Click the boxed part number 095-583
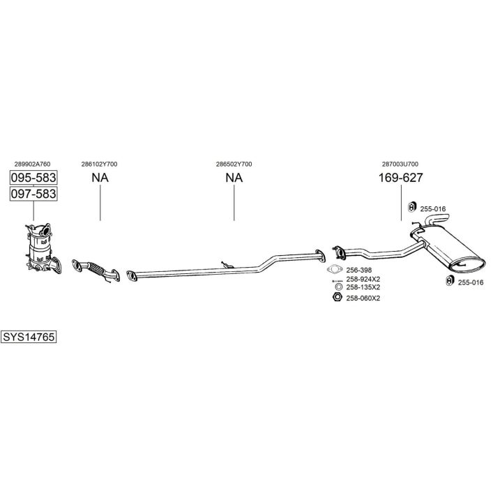tap(33, 177)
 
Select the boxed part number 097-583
tap(33, 193)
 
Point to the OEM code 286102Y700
tap(99, 164)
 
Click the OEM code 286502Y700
tap(234, 164)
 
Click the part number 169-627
tap(401, 178)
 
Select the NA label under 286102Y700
tap(100, 178)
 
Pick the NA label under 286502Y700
tap(234, 178)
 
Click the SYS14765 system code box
tap(29, 336)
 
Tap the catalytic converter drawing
tap(40, 249)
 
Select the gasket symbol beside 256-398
tap(335, 270)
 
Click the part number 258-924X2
tap(363, 279)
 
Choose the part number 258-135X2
tap(363, 287)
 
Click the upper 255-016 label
tap(433, 208)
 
